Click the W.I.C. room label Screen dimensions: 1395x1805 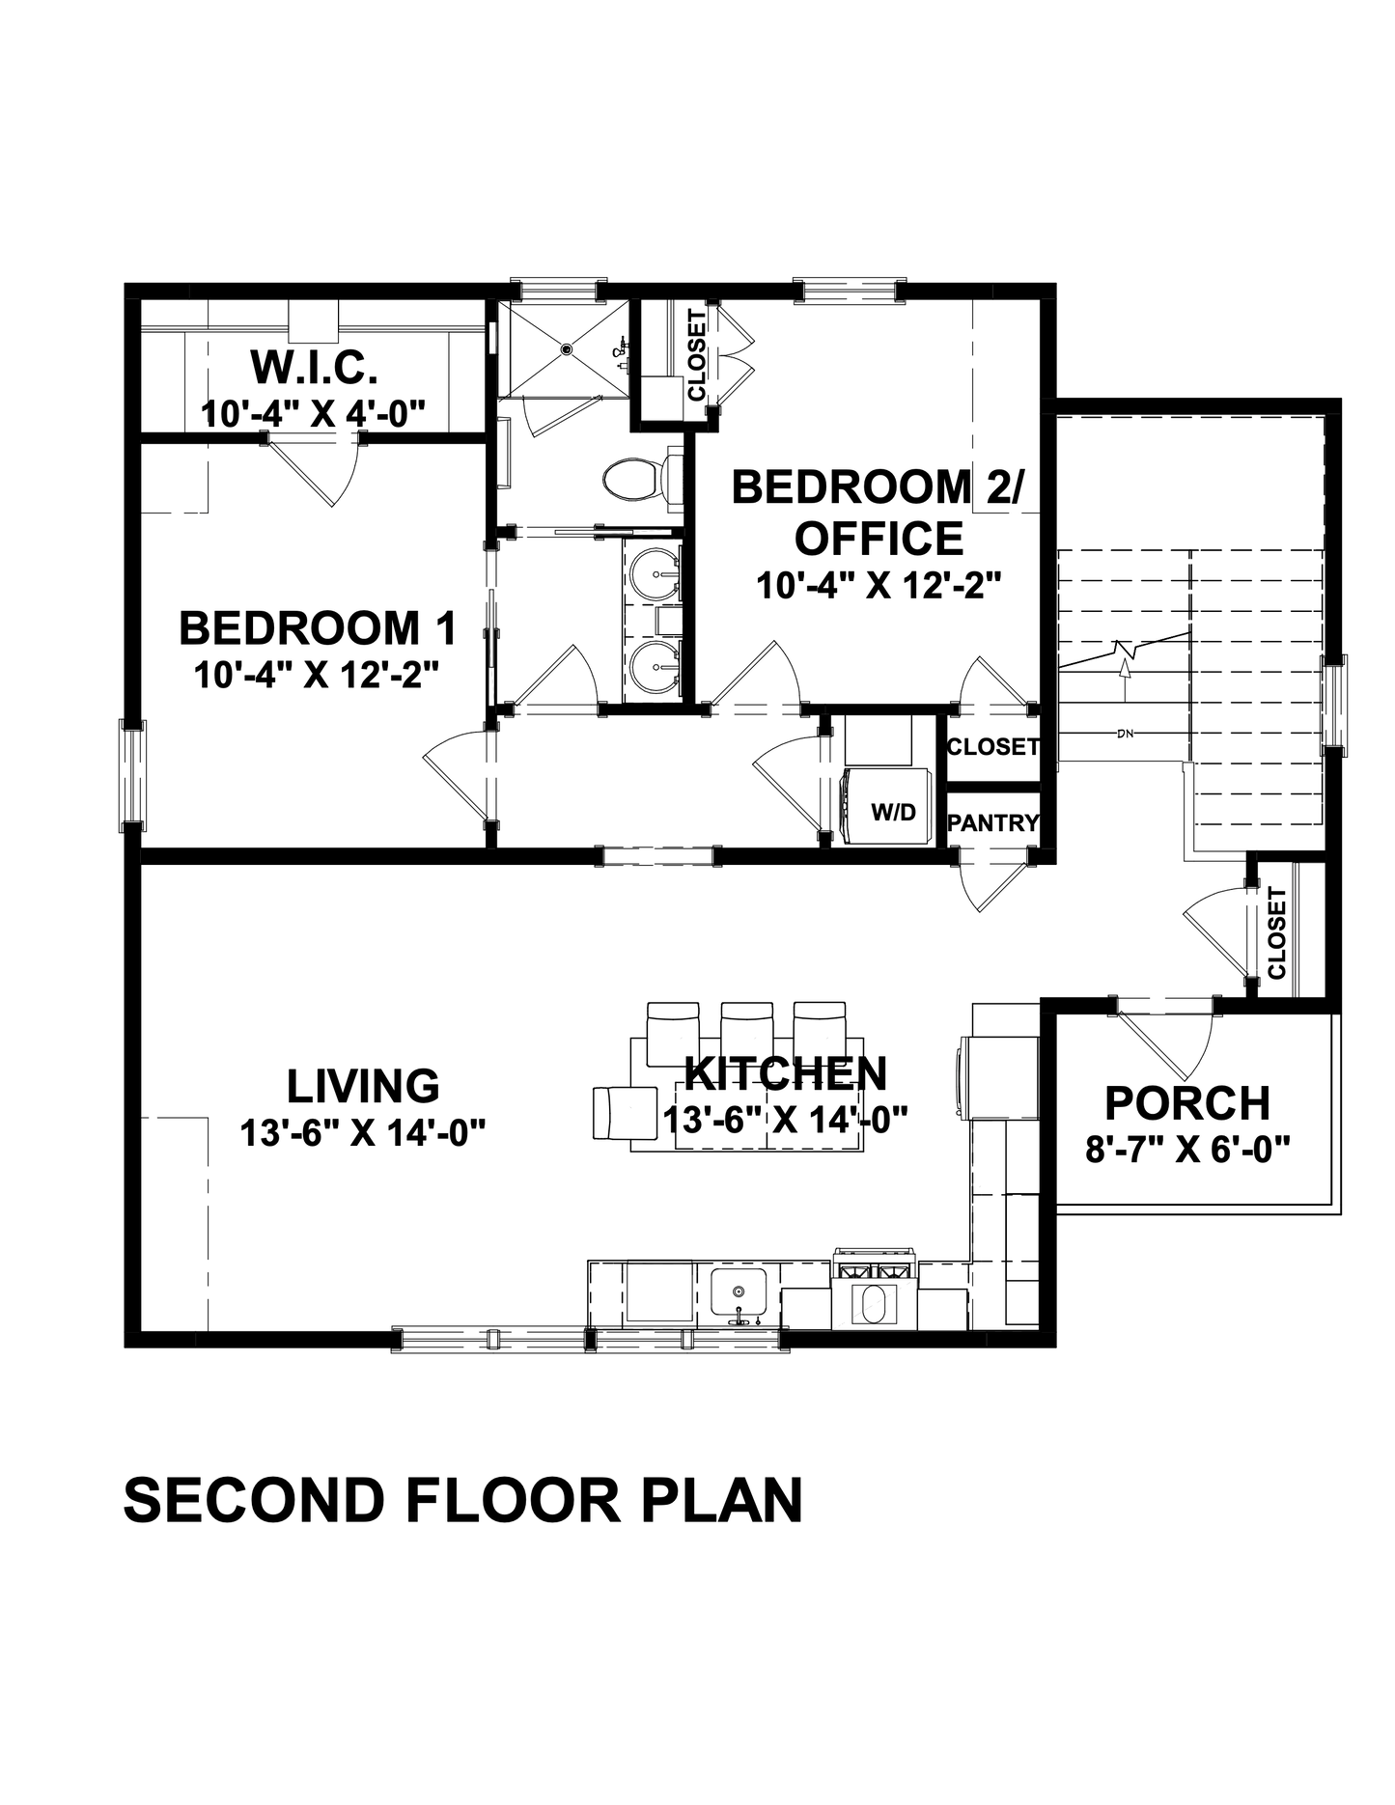pyautogui.click(x=313, y=367)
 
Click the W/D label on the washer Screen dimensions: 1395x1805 pyautogui.click(x=893, y=812)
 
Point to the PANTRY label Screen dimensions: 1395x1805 pyautogui.click(x=992, y=822)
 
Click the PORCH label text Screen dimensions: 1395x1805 pyautogui.click(x=1187, y=1102)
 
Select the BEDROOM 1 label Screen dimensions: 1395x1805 pyautogui.click(x=318, y=627)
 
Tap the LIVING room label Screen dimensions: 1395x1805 pyautogui.click(x=363, y=1085)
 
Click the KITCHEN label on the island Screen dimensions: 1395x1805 pyautogui.click(x=786, y=1073)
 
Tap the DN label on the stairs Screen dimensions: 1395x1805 pyautogui.click(x=1124, y=735)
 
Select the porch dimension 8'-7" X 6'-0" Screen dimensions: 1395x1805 pyautogui.click(x=1187, y=1149)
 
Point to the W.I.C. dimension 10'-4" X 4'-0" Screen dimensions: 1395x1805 pyautogui.click(x=313, y=414)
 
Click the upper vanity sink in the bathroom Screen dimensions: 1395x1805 pyautogui.click(x=656, y=573)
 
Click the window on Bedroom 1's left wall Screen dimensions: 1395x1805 pyautogui.click(x=132, y=774)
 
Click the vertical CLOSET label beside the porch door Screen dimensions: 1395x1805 pyautogui.click(x=1276, y=932)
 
